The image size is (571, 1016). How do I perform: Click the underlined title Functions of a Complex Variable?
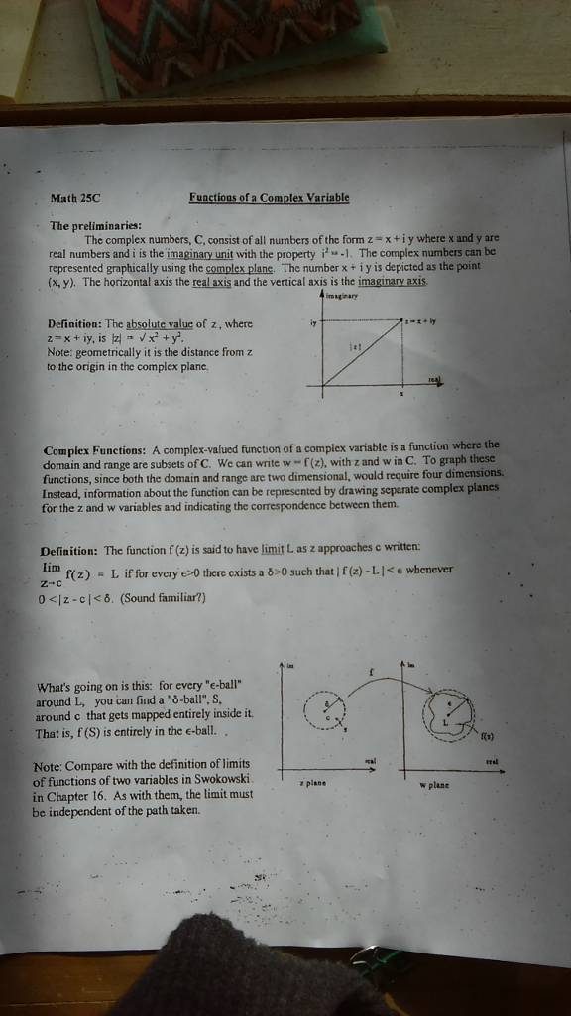269,197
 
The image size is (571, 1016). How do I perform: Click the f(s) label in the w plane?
487,735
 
